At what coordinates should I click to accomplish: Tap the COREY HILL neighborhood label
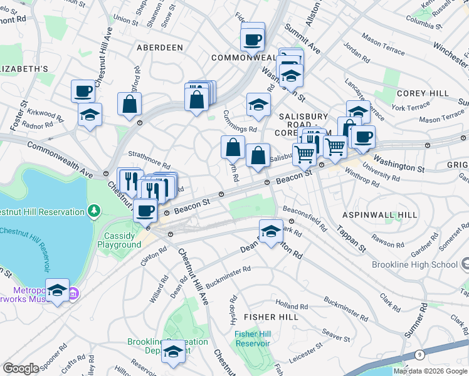pos(422,93)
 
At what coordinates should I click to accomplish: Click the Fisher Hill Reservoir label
pos(252,338)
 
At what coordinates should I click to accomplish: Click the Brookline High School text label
pos(414,265)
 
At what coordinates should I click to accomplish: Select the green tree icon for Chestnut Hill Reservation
pos(94,211)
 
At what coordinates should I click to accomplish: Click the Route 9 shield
pos(418,355)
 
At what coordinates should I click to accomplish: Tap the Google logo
pos(21,368)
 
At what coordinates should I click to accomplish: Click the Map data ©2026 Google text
pos(430,371)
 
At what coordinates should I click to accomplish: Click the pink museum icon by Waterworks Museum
pos(73,292)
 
